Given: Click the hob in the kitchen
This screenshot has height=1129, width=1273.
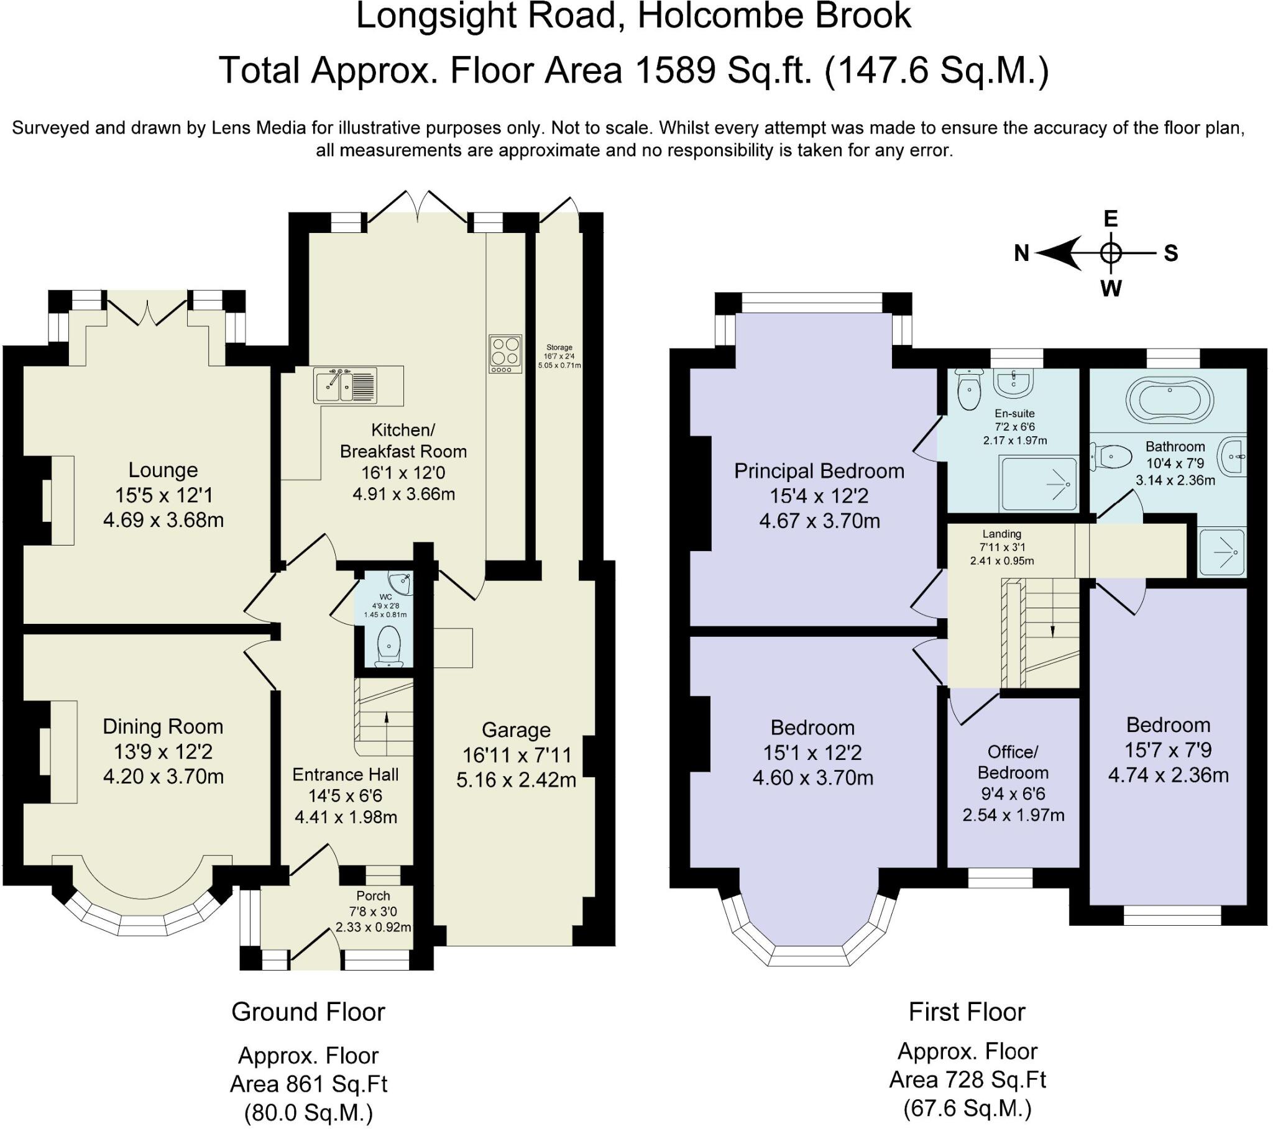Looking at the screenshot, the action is (x=505, y=354).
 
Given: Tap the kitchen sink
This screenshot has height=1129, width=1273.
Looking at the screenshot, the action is (x=345, y=386).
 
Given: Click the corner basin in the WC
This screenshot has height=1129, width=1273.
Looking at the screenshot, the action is (x=400, y=582).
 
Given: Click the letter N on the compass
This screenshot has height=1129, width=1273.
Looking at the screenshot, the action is (x=1021, y=254).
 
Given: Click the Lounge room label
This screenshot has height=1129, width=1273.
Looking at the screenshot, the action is (x=163, y=470).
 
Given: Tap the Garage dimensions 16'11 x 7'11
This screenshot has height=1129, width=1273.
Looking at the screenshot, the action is (x=517, y=756).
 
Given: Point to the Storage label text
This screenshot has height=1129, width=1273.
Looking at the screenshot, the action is (x=559, y=347).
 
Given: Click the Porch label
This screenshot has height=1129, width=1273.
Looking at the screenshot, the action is (x=373, y=896).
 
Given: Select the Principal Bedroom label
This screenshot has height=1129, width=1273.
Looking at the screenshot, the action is (x=819, y=471).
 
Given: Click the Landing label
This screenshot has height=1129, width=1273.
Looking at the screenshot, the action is (x=1002, y=534).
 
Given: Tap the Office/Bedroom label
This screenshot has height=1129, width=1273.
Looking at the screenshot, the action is (x=1013, y=762).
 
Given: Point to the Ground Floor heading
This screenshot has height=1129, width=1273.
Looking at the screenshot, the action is (x=308, y=1012).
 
